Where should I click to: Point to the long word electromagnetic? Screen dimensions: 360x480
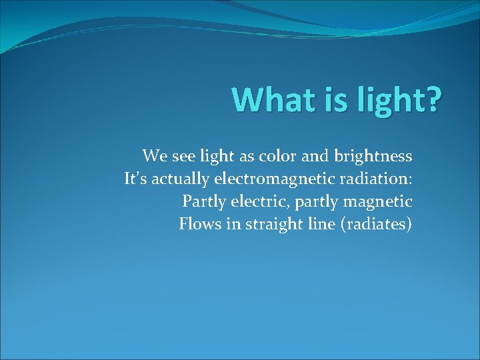click(x=267, y=179)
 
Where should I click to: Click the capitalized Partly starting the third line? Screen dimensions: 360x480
click(x=201, y=201)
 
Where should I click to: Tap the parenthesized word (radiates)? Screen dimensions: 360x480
click(x=375, y=224)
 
